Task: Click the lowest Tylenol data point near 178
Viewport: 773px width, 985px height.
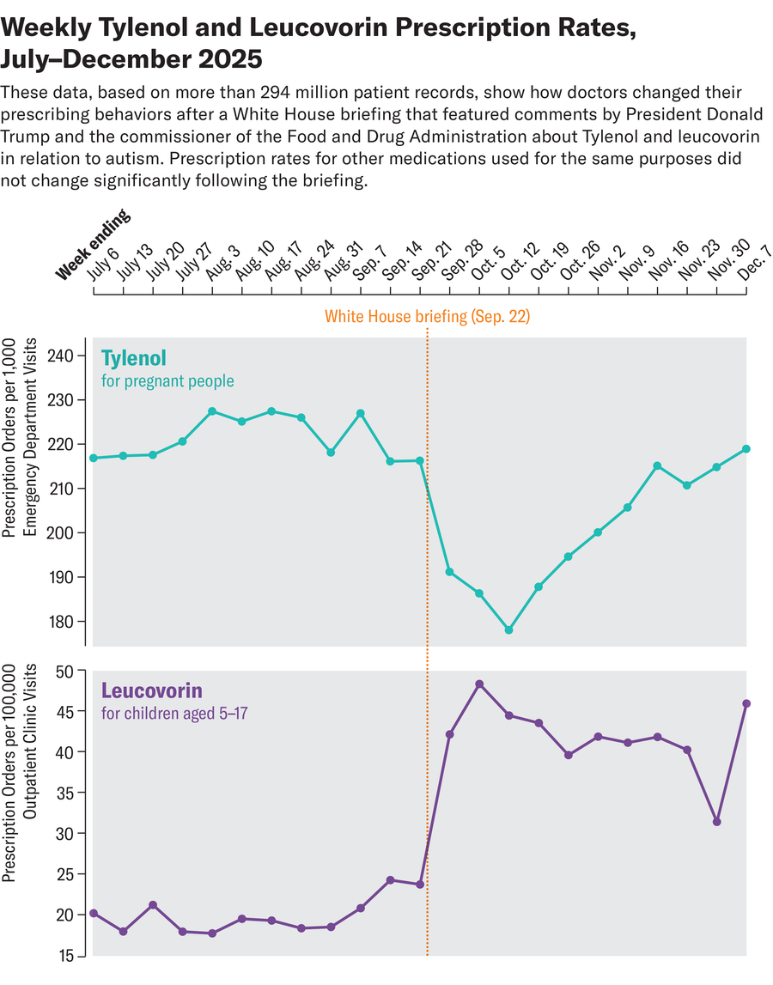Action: click(508, 629)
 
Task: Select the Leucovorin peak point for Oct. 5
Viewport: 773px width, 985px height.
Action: click(479, 684)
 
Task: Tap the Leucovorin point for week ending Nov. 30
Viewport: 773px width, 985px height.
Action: click(716, 822)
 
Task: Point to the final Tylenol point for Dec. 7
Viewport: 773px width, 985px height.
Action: click(746, 449)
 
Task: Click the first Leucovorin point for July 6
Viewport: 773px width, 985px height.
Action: click(93, 913)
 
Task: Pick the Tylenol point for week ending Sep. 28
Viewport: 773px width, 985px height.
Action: click(449, 572)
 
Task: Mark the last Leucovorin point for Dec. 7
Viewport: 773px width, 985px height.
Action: click(746, 703)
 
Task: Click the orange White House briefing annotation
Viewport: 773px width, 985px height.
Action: click(427, 317)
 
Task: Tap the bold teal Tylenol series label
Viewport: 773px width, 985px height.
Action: click(133, 357)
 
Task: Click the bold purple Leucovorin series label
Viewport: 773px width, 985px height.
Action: click(151, 690)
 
